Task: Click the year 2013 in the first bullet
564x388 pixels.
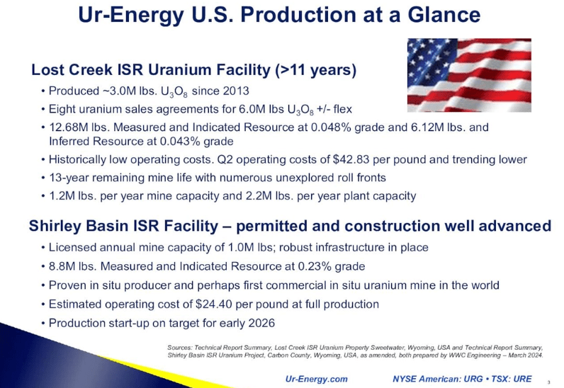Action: [x=235, y=91]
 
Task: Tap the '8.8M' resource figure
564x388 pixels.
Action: [x=61, y=267]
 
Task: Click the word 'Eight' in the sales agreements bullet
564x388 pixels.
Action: [x=62, y=110]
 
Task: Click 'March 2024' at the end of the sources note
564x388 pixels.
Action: [x=525, y=355]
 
